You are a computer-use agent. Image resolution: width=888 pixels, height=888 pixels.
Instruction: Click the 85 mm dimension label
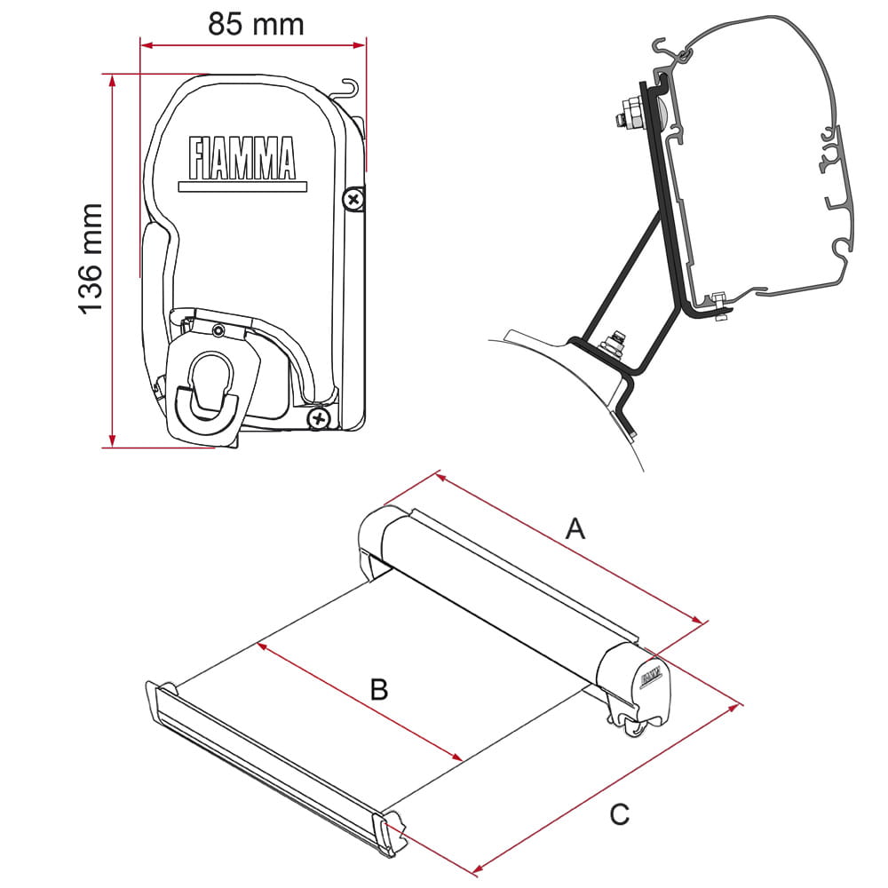coord(256,24)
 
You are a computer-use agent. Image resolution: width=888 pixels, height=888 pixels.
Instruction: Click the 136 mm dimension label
coord(91,258)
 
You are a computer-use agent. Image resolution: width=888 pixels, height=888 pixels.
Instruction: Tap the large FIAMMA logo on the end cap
coord(242,158)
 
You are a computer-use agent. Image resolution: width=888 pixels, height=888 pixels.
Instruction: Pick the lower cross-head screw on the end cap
coord(319,419)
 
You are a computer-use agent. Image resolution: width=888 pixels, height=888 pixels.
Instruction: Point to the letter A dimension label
coord(575,528)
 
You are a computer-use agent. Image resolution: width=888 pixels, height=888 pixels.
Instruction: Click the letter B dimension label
coord(379,690)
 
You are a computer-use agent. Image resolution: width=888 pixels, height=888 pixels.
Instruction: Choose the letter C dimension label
coord(620,815)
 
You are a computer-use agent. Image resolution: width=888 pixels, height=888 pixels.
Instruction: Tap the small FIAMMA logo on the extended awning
coord(652,678)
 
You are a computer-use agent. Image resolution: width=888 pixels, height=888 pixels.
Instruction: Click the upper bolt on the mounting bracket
coord(630,114)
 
